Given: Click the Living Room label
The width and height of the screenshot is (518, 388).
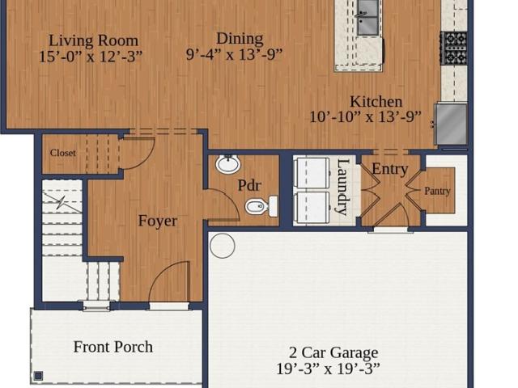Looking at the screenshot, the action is click(94, 40).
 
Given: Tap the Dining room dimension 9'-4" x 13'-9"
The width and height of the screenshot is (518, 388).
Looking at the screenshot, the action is click(234, 54).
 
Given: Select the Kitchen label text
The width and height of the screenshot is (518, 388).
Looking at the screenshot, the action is click(376, 101).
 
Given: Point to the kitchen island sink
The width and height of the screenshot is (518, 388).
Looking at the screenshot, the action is click(367, 17).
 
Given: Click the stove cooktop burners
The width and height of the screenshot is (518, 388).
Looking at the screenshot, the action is click(453, 48).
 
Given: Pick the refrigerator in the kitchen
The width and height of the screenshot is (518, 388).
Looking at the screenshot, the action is click(452, 124).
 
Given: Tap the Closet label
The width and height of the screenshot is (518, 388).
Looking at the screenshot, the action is click(63, 153).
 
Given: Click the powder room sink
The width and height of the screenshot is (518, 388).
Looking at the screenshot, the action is click(228, 163).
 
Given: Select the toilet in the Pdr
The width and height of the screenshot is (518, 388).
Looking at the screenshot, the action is click(261, 207).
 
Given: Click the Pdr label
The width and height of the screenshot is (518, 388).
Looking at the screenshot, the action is click(249, 185).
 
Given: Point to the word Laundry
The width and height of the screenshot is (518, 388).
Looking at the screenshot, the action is click(343, 187).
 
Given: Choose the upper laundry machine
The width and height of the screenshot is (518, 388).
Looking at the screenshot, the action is click(312, 174).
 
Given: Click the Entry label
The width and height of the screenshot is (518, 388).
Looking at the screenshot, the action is click(390, 169).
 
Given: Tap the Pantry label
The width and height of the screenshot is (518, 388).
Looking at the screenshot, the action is click(437, 191).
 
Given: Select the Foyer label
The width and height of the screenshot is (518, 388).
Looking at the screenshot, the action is click(158, 221).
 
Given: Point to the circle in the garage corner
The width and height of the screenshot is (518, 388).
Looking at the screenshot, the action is click(223, 246).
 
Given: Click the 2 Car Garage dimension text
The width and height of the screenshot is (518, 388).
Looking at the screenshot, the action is click(328, 369).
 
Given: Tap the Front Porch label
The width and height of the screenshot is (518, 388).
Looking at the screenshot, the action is click(113, 347).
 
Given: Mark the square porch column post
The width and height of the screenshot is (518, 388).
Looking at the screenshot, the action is click(39, 375).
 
